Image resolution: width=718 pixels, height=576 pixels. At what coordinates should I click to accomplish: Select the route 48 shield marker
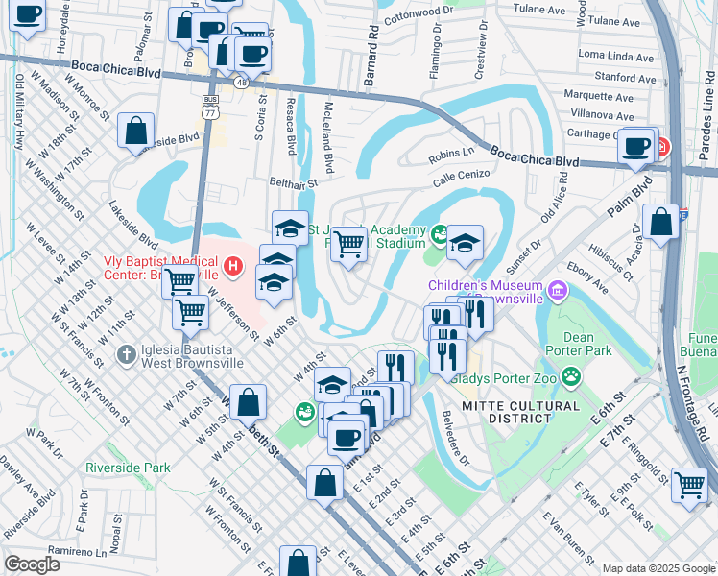tap(241, 84)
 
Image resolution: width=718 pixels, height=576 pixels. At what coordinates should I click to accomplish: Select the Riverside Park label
tap(128, 468)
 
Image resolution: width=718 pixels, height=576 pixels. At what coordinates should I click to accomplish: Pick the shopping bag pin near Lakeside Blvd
tap(136, 130)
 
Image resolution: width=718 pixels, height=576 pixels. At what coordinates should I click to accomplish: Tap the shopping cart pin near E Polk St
tap(689, 485)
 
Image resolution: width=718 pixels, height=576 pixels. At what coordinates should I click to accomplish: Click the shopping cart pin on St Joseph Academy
tap(347, 243)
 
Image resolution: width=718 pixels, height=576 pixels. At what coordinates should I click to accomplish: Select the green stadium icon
tap(441, 232)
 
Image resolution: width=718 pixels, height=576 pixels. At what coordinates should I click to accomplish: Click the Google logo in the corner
tap(32, 564)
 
